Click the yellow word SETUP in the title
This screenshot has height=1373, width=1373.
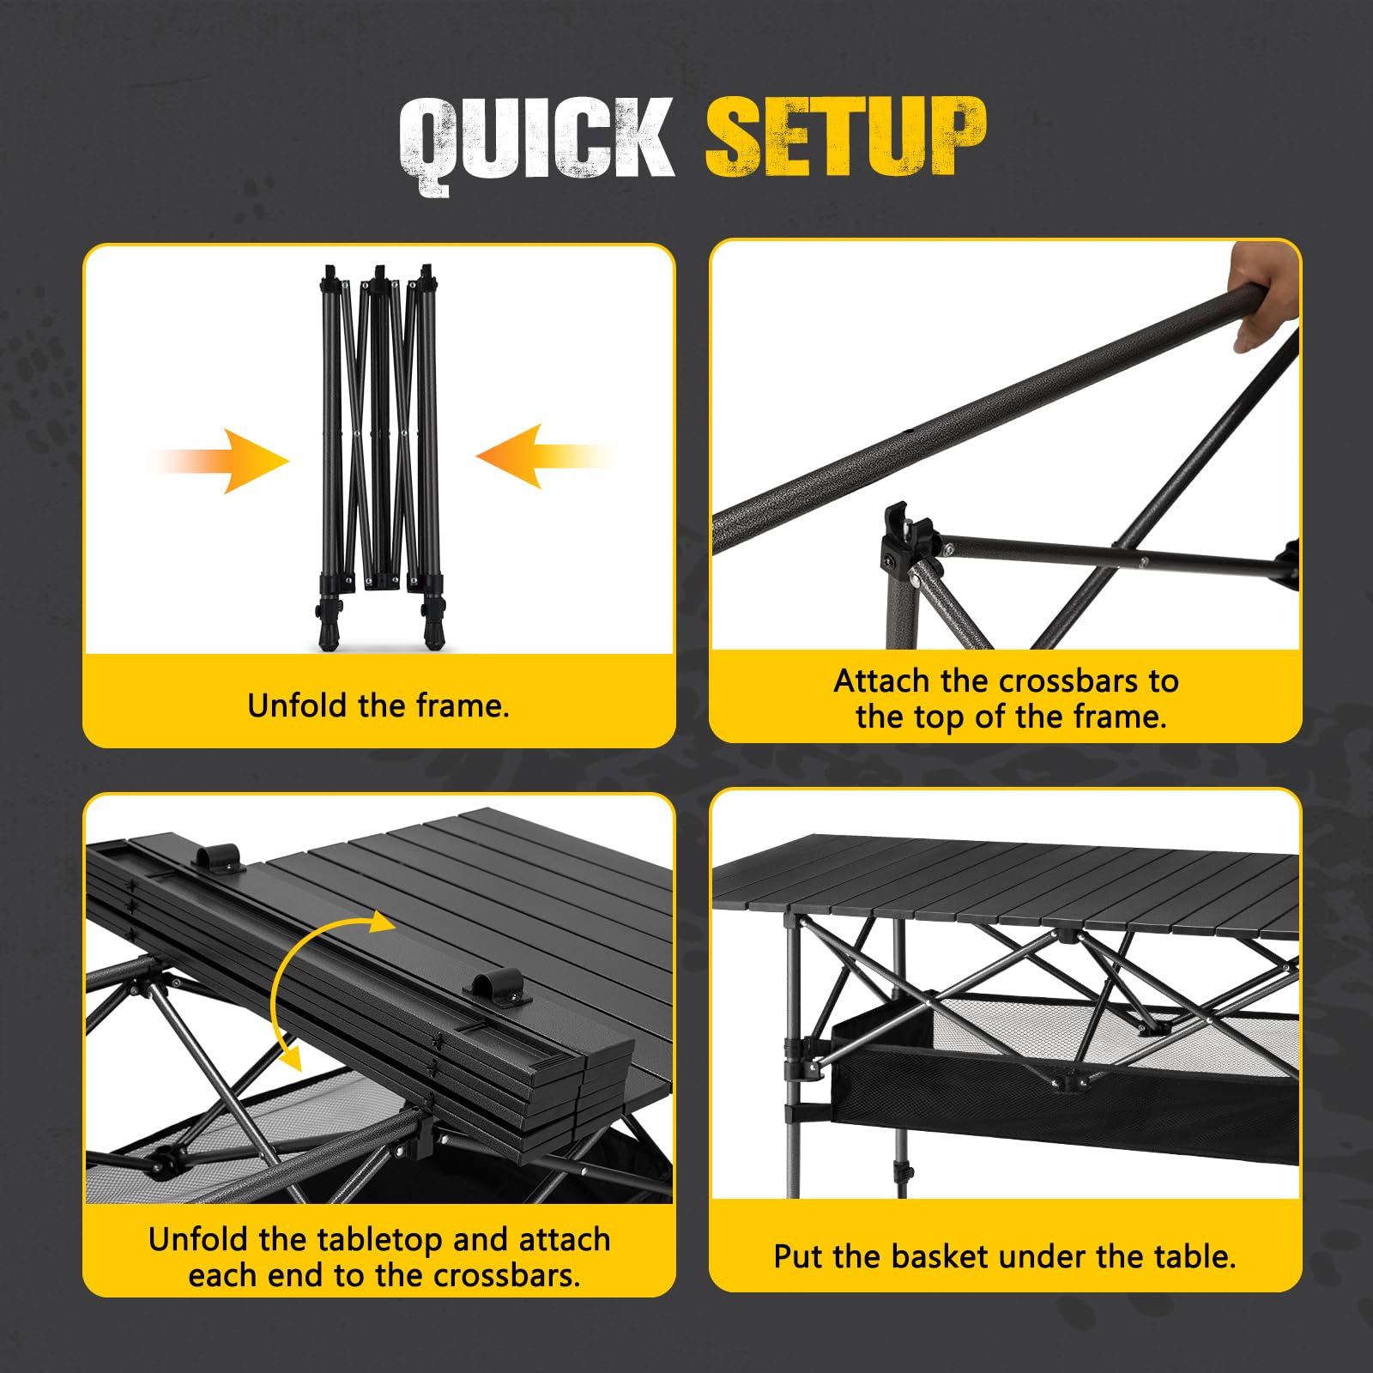(845, 137)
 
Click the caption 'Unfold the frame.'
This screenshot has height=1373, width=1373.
(378, 706)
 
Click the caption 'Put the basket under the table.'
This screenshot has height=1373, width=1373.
(1005, 1257)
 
